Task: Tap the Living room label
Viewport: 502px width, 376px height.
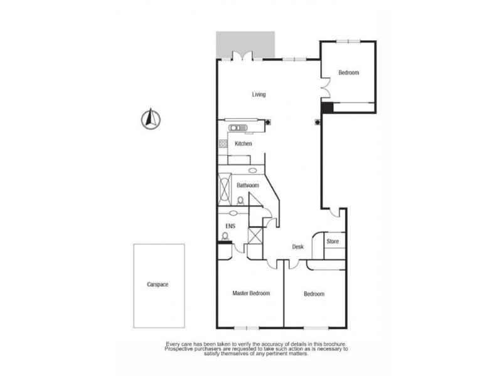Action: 259,95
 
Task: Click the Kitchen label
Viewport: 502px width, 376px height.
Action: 243,144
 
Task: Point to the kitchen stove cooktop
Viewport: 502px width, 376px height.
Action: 223,145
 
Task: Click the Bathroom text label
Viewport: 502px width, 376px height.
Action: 248,185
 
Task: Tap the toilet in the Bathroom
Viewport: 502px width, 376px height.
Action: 240,201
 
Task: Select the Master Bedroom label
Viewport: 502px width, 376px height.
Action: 251,293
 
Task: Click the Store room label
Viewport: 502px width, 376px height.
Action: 333,241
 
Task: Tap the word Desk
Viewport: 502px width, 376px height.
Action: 298,247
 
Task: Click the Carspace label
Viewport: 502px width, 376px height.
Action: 158,284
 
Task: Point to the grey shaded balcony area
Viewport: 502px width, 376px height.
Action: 245,43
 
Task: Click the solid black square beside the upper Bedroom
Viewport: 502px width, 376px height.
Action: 326,108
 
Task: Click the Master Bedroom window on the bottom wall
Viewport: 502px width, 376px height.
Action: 245,328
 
